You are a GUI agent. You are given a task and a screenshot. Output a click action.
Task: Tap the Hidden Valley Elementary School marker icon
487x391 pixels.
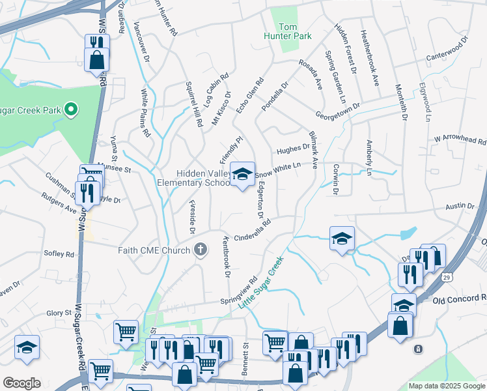tap(242, 175)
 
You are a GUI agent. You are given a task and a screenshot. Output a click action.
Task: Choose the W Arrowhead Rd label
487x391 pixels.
tap(460, 140)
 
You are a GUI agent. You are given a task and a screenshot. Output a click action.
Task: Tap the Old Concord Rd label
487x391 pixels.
tap(459, 300)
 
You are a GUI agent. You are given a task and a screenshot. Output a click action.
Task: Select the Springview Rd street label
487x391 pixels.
tap(240, 288)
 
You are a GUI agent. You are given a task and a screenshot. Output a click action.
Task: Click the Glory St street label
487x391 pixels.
tap(59, 313)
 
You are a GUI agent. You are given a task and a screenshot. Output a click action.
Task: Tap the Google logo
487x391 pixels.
tap(21, 383)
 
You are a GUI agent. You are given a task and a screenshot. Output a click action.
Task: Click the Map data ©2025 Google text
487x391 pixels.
tap(446, 386)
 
